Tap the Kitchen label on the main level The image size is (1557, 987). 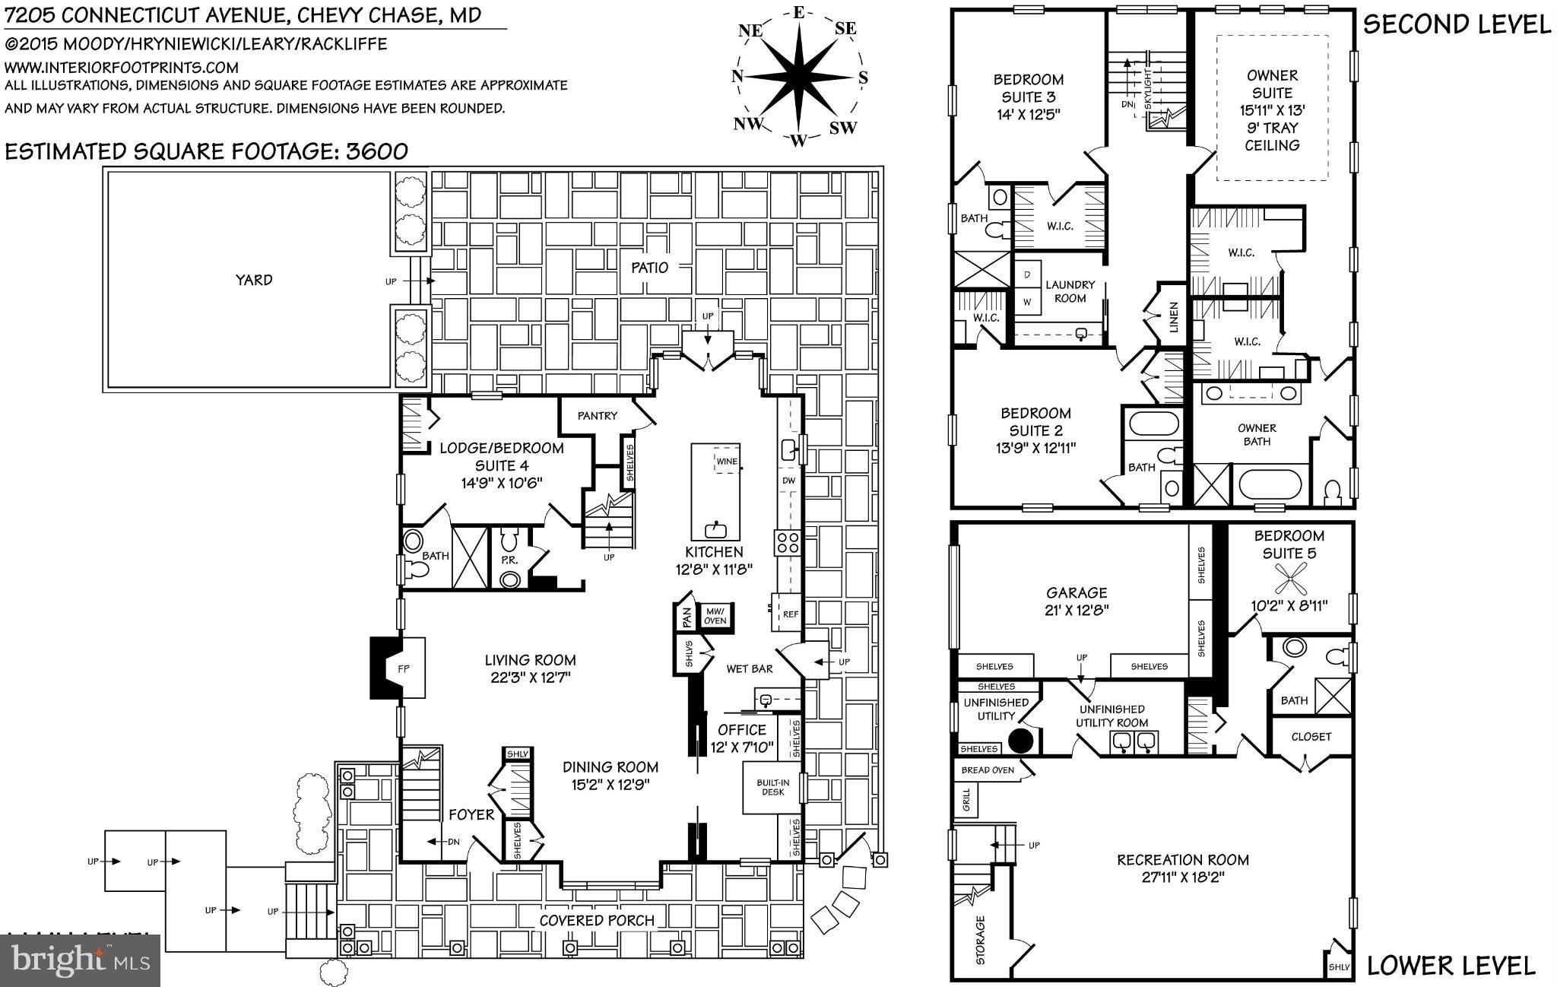pos(713,552)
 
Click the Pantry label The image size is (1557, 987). pos(597,416)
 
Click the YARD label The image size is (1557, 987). pos(253,280)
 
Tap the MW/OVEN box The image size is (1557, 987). pos(715,615)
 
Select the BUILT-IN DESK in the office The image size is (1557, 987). pos(769,787)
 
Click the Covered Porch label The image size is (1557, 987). pos(596,921)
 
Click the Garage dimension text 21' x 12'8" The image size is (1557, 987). pos(1076,610)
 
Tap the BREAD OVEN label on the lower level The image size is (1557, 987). pos(987,770)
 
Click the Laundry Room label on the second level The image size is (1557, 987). pos(1070,291)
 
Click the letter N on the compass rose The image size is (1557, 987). pos(737,75)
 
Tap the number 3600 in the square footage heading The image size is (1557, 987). pos(377,151)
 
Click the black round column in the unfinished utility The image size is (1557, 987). pos(1020,739)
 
